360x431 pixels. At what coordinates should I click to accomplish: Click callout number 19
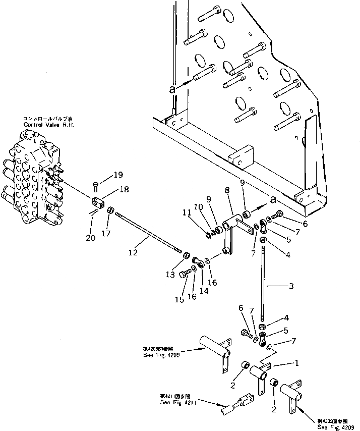tap(117, 175)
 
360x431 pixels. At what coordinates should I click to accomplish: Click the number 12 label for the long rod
tap(133, 252)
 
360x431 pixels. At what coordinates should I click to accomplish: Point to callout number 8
tap(226, 192)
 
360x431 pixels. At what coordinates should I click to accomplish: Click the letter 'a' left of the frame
tap(172, 88)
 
